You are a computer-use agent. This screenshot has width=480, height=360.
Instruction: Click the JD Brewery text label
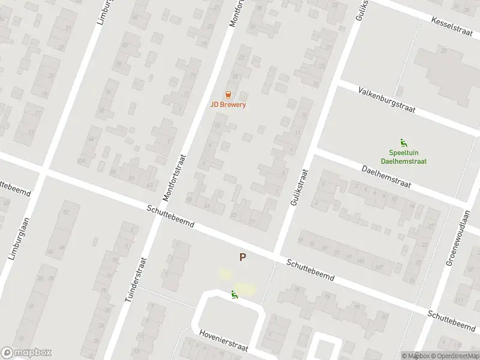coord(228,104)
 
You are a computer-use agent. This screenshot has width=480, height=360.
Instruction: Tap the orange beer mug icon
coord(228,94)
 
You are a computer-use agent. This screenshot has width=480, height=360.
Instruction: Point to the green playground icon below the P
coord(233,294)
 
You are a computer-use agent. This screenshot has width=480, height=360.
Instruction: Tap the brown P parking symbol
coord(242,257)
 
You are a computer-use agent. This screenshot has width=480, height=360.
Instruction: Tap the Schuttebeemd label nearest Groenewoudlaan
coord(451,320)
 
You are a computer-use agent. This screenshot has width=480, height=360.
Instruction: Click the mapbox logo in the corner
coord(26,353)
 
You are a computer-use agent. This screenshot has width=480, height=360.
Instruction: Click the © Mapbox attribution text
coord(415,356)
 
